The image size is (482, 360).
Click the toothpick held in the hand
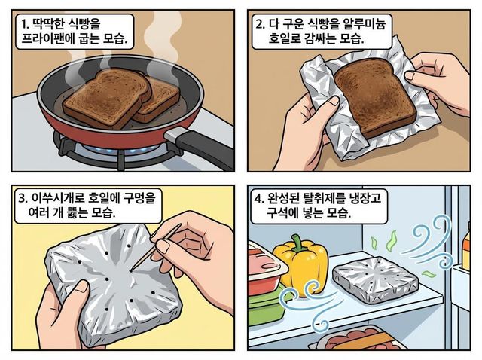(156, 248)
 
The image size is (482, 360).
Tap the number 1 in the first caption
(23, 24)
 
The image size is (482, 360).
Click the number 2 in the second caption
(260, 23)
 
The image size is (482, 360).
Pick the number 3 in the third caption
(22, 198)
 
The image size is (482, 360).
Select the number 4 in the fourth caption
(258, 198)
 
